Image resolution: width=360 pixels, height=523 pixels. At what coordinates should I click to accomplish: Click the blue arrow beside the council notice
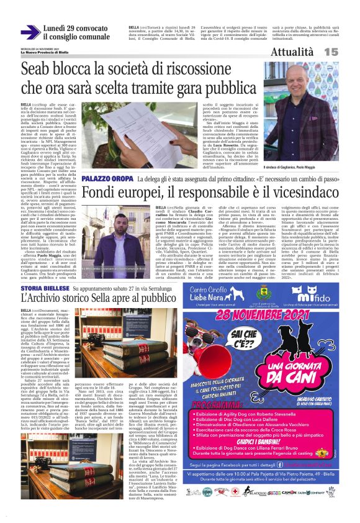[x=30, y=32]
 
